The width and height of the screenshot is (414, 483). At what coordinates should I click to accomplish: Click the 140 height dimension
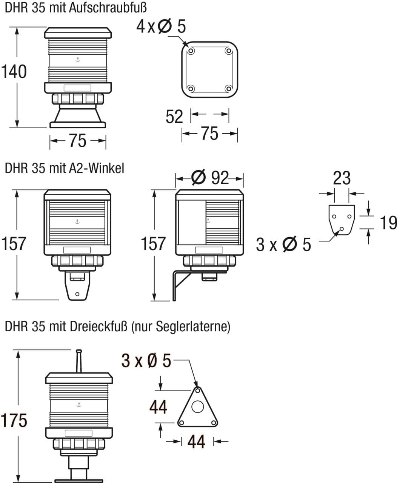click(x=14, y=72)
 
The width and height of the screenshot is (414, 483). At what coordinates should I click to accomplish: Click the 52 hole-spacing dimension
click(x=174, y=117)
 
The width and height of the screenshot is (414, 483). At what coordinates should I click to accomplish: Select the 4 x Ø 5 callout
click(x=161, y=26)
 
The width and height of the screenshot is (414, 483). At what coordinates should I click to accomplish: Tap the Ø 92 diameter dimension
click(x=210, y=177)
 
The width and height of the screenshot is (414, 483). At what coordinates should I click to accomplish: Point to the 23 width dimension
click(x=342, y=178)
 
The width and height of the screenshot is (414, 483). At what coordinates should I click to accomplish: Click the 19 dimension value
click(x=388, y=223)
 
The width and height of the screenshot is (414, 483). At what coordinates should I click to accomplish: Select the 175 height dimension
click(x=14, y=420)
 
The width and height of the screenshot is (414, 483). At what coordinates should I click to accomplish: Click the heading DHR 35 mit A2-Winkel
click(x=65, y=168)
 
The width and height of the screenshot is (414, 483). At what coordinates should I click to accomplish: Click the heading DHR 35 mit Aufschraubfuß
click(x=75, y=7)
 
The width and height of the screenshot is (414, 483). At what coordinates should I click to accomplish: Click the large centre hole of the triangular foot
click(x=197, y=407)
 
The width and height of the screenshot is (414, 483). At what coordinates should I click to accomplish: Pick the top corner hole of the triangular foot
click(x=197, y=391)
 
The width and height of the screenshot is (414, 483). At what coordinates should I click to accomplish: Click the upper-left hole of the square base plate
click(x=191, y=51)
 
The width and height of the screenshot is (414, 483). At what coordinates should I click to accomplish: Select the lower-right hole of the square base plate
click(x=228, y=89)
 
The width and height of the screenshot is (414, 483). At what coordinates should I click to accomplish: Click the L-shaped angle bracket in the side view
click(x=175, y=285)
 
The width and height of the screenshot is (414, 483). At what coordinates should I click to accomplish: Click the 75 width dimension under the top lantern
click(x=78, y=141)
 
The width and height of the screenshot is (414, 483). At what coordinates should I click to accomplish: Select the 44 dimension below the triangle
click(x=196, y=441)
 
